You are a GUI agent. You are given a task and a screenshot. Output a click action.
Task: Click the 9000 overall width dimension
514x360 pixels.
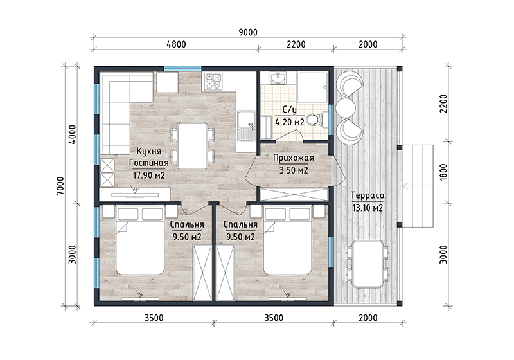coord(248,32)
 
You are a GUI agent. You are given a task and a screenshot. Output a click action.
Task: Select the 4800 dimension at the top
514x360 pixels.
coord(176,44)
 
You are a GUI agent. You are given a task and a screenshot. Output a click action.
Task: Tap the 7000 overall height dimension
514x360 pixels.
coord(60,186)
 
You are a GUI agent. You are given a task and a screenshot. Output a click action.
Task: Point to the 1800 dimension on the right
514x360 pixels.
coord(443,172)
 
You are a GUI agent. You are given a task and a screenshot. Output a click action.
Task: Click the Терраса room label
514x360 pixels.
coord(368,195)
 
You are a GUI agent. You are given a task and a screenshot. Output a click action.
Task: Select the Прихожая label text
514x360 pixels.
coord(294,158)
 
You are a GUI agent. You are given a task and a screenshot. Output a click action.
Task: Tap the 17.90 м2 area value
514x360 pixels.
coord(149,175)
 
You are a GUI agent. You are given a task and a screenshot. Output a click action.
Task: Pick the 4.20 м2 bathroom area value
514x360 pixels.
coord(290,122)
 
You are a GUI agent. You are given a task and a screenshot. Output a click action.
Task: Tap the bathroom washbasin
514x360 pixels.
coord(278,78)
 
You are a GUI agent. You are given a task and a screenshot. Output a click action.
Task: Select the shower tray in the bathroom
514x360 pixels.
coord(312,87)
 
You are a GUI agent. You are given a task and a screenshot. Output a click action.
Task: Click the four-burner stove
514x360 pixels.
coord(213,81)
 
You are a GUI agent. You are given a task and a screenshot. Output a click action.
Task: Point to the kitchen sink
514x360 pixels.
coord(246,126)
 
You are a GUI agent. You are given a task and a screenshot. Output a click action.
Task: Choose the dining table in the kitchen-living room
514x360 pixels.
coord(192,146)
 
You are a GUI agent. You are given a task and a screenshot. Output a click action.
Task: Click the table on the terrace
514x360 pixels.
coord(368,264)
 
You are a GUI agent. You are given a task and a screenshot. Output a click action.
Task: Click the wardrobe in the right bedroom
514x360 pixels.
coord(226,272)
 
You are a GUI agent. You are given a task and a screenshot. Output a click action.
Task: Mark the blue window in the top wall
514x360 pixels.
coord(182,69)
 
